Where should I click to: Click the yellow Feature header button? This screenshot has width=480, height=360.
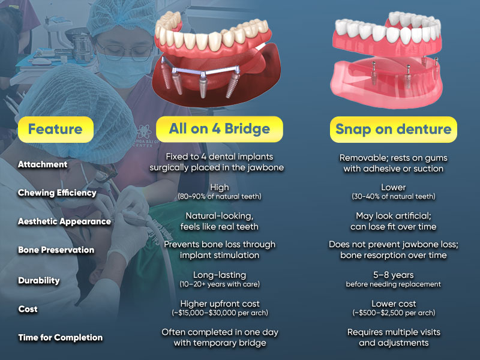(x=56, y=129)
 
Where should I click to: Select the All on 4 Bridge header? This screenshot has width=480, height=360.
(x=220, y=129)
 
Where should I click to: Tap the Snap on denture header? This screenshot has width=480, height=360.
(x=394, y=129)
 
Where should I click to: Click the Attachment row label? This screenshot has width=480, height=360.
(x=43, y=164)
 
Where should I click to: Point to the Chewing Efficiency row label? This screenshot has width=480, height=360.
(x=57, y=193)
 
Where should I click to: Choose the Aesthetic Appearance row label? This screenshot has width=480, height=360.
(x=65, y=221)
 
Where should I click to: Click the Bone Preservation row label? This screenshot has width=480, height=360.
(x=56, y=250)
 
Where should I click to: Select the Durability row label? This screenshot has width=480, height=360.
(x=39, y=280)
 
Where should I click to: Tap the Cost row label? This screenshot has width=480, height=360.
(x=28, y=309)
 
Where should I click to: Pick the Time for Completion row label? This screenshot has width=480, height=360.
(x=61, y=337)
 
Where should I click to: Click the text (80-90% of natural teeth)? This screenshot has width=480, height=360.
(x=220, y=197)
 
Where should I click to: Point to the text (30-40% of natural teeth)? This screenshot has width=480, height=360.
(x=394, y=197)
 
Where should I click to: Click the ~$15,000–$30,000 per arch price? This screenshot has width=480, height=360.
(x=220, y=313)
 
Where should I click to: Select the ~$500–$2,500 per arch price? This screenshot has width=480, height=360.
(x=394, y=313)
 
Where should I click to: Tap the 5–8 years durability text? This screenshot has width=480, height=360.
(x=394, y=275)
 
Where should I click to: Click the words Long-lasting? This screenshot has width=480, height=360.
(x=220, y=275)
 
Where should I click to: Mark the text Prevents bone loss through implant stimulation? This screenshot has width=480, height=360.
(x=220, y=250)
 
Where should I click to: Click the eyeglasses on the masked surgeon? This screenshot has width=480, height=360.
(x=124, y=50)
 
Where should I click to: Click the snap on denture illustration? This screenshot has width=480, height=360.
(x=386, y=59)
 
